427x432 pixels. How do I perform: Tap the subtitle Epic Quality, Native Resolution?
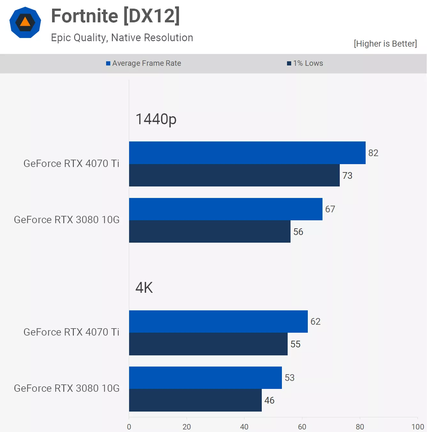(122, 38)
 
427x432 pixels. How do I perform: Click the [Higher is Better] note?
(385, 44)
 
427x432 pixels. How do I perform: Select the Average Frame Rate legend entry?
(144, 63)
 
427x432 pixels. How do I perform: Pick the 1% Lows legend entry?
(305, 63)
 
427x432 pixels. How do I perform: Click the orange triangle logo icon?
(25, 22)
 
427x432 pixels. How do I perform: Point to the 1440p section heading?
(156, 119)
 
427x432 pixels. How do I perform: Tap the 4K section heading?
(144, 288)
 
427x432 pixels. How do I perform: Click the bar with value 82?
(247, 153)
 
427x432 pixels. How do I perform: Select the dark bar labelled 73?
(234, 175)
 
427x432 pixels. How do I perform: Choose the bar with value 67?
(226, 209)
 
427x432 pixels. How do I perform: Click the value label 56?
(298, 232)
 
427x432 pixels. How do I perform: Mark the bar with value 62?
(218, 322)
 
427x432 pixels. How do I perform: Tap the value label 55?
(295, 344)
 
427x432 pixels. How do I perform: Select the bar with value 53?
(206, 378)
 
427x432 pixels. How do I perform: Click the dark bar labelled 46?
(195, 400)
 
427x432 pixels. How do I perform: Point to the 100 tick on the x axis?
(417, 427)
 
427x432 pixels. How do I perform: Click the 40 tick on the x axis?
(244, 427)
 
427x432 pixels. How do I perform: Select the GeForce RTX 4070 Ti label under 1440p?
(71, 163)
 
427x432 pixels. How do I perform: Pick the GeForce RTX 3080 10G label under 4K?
(67, 388)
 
